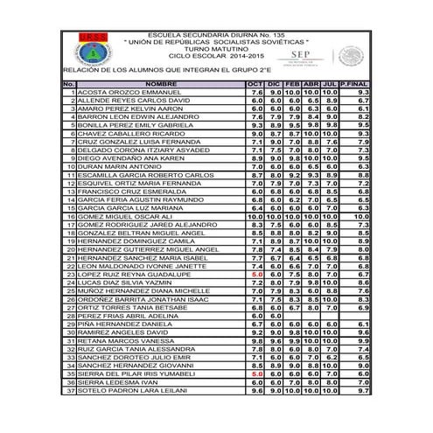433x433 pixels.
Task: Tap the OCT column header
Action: tap(255, 84)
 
